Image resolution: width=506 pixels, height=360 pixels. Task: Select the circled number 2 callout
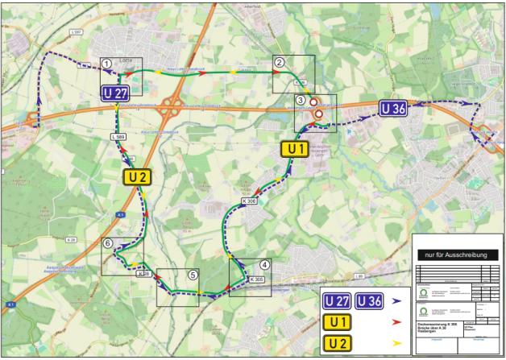click(279, 61)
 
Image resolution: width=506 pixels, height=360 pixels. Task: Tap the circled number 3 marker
click(301, 100)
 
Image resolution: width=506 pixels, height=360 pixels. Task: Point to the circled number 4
click(264, 264)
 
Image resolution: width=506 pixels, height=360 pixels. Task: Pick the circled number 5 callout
click(193, 274)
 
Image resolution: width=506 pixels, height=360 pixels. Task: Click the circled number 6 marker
click(107, 242)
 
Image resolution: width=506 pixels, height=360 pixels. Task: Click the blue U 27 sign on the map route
click(115, 93)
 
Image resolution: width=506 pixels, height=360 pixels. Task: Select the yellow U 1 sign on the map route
click(294, 148)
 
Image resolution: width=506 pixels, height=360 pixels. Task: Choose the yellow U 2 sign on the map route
click(135, 177)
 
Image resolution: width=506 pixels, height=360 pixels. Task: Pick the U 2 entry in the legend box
click(337, 342)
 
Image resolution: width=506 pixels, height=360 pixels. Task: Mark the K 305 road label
click(257, 279)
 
